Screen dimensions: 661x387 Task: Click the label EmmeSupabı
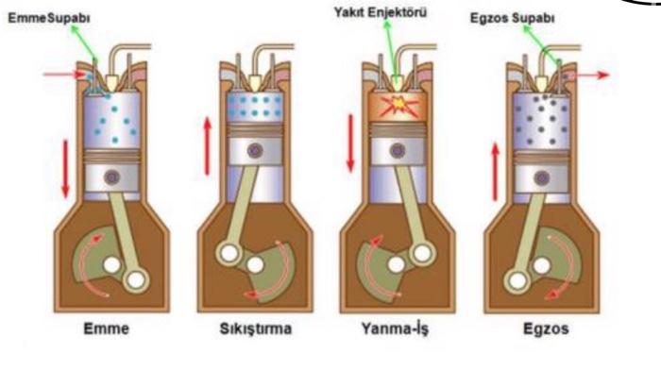41,18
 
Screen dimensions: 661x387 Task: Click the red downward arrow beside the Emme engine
65,166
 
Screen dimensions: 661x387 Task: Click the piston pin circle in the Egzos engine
540,177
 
